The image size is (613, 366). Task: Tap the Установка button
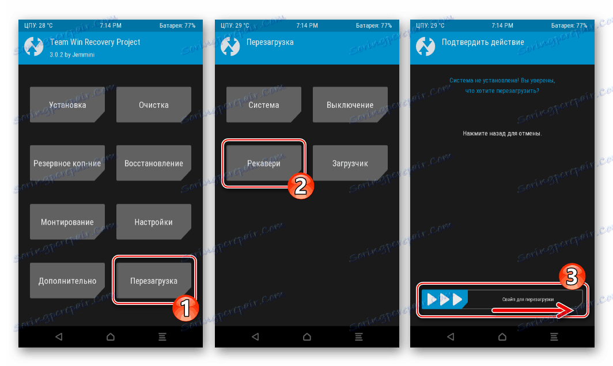(x=67, y=105)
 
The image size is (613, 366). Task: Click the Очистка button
(x=154, y=105)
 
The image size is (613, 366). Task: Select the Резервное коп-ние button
(x=67, y=163)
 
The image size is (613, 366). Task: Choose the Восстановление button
(x=154, y=163)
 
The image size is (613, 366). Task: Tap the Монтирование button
(x=67, y=222)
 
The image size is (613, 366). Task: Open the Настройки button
(x=154, y=222)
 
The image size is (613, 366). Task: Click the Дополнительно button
(x=67, y=280)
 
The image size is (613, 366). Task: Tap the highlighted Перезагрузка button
(x=154, y=280)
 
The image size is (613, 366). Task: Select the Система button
(x=264, y=105)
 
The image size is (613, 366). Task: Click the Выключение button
(x=350, y=105)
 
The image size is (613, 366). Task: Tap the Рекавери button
(x=264, y=163)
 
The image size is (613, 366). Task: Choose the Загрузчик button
(x=350, y=163)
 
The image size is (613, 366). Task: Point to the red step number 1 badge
(x=186, y=308)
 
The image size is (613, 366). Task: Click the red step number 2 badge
(x=301, y=186)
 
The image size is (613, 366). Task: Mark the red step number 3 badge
(x=572, y=277)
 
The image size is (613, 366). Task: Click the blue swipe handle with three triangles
(x=445, y=300)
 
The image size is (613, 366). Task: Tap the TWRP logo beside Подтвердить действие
(x=425, y=46)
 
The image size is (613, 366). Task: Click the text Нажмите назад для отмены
(x=502, y=133)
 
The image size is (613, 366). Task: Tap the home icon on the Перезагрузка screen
(x=307, y=337)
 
